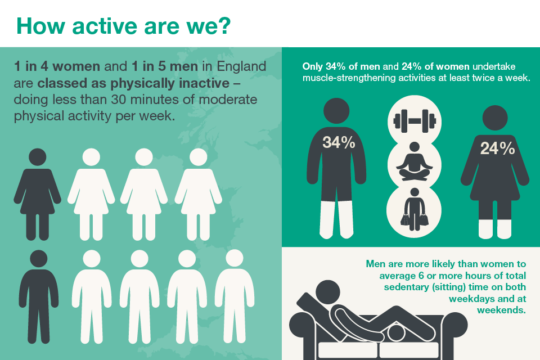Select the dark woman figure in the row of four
37,194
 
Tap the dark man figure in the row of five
39,296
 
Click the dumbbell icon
415,121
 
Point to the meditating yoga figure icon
415,161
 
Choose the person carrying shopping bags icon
415,209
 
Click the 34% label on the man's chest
339,142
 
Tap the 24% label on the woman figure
498,148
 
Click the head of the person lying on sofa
328,292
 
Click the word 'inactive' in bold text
204,83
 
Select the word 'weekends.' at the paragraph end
501,310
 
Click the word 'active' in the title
105,26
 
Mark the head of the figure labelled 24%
495,118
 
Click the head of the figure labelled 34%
336,111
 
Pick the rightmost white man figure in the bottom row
235,296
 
